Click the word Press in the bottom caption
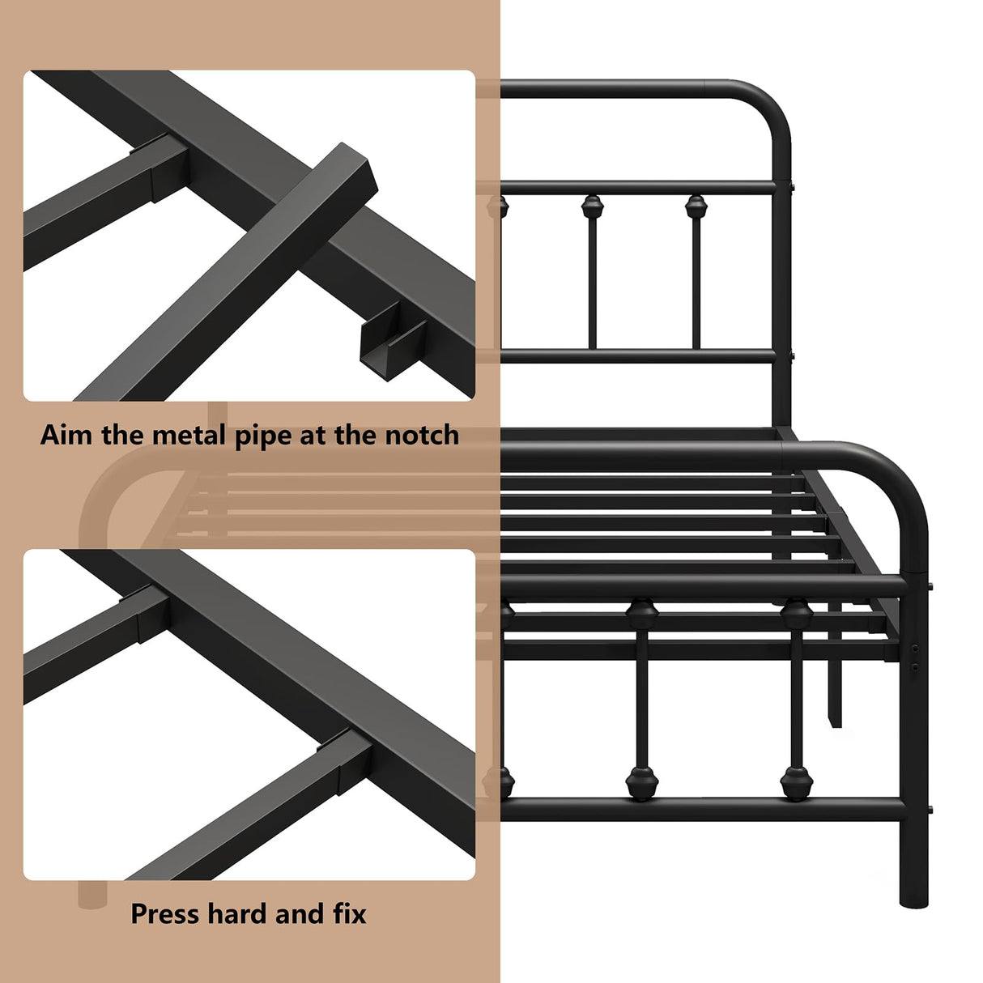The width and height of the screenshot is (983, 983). tap(165, 914)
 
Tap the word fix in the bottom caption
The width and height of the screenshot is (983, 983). tap(349, 914)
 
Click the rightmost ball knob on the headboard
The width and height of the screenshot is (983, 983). tap(696, 206)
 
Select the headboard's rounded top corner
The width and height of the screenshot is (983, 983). tap(769, 101)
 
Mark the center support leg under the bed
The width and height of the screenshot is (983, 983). tap(834, 688)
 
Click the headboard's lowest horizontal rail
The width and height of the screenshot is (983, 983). tap(640, 355)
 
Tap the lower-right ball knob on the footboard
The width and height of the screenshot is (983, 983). tap(796, 782)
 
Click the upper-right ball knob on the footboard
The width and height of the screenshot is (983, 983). tap(797, 614)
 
